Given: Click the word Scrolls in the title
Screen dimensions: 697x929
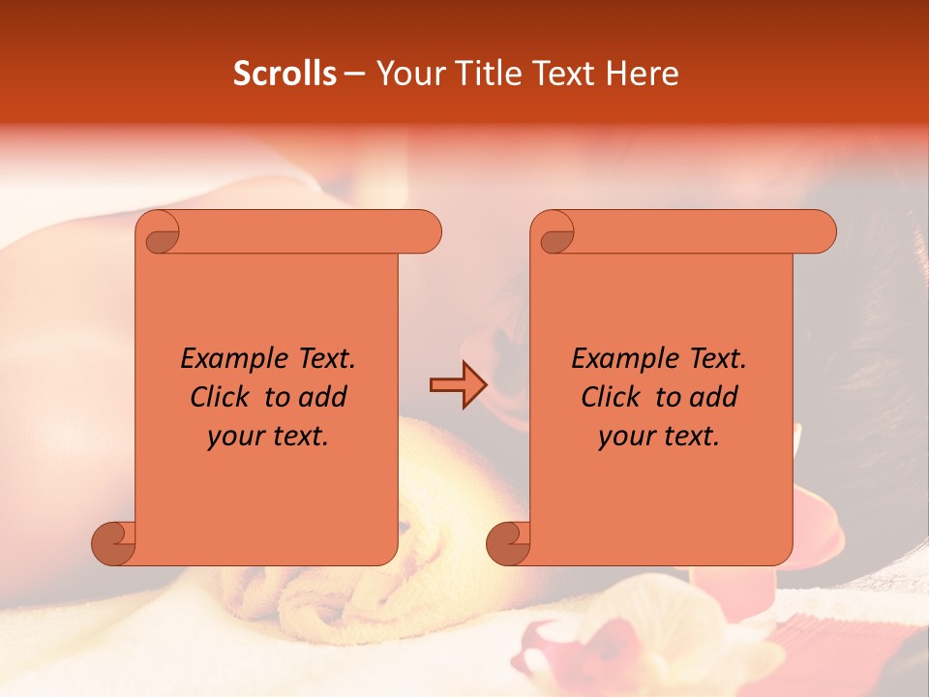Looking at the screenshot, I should [285, 74].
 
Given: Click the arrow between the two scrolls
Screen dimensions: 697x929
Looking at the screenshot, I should [458, 384].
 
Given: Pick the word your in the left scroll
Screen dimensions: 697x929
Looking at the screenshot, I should [233, 437].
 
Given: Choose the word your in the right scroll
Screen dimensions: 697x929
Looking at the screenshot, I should [625, 437].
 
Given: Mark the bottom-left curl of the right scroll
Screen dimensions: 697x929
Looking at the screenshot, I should [509, 543].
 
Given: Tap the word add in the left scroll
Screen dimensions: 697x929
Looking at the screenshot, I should [322, 397].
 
